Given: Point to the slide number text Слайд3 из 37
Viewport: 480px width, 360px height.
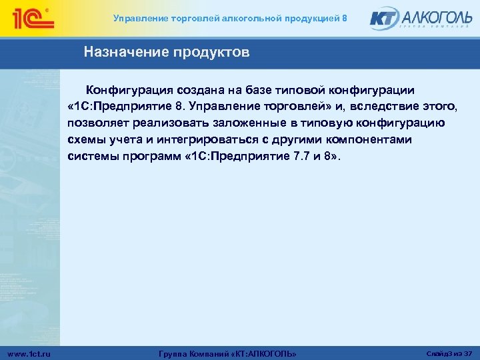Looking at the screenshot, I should click(449, 352).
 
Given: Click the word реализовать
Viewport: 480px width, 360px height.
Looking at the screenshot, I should click(171, 123).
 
